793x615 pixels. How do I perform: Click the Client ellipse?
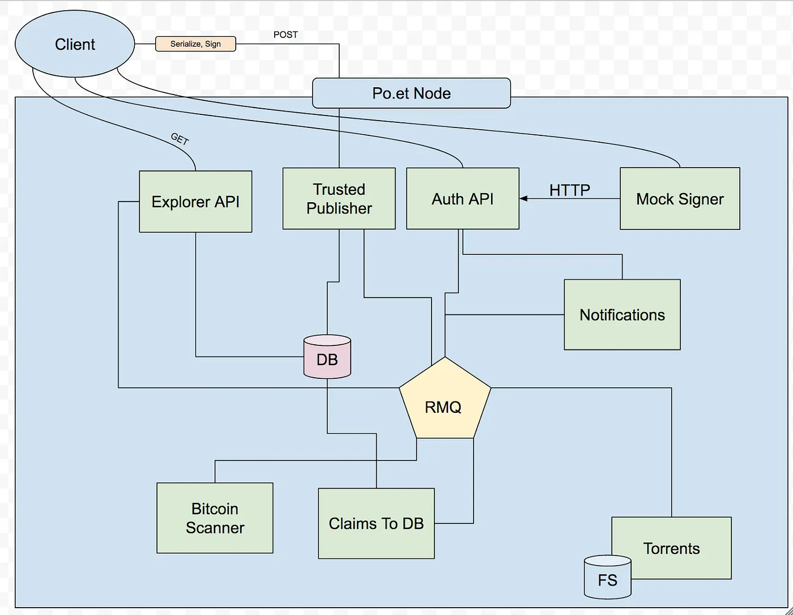pos(75,45)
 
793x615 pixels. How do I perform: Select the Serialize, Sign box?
pos(195,44)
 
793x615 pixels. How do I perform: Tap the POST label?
pos(285,35)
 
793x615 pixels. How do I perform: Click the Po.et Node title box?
pos(411,93)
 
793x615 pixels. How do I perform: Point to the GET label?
pos(180,139)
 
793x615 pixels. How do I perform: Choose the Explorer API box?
pos(195,202)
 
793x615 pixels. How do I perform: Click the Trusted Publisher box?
pos(339,198)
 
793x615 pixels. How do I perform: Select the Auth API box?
pos(463,199)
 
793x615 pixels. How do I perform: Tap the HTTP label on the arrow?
pos(569,190)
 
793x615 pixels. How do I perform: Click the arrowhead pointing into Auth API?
pos(523,198)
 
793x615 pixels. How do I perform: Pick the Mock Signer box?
pos(680,199)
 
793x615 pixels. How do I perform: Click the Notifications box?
pos(622,315)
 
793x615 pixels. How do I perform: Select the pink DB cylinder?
pos(327,358)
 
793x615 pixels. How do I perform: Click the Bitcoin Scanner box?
pos(215,518)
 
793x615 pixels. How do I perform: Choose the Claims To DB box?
pos(376,523)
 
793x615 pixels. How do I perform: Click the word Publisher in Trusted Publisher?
pos(339,208)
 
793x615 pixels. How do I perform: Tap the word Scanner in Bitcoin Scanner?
pos(215,528)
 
